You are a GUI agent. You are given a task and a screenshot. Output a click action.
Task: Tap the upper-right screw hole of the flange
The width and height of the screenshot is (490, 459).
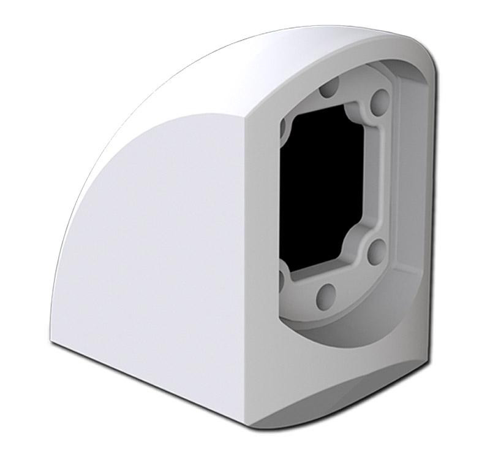point(378,97)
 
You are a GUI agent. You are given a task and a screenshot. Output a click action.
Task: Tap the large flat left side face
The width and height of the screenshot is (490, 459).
point(153,245)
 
